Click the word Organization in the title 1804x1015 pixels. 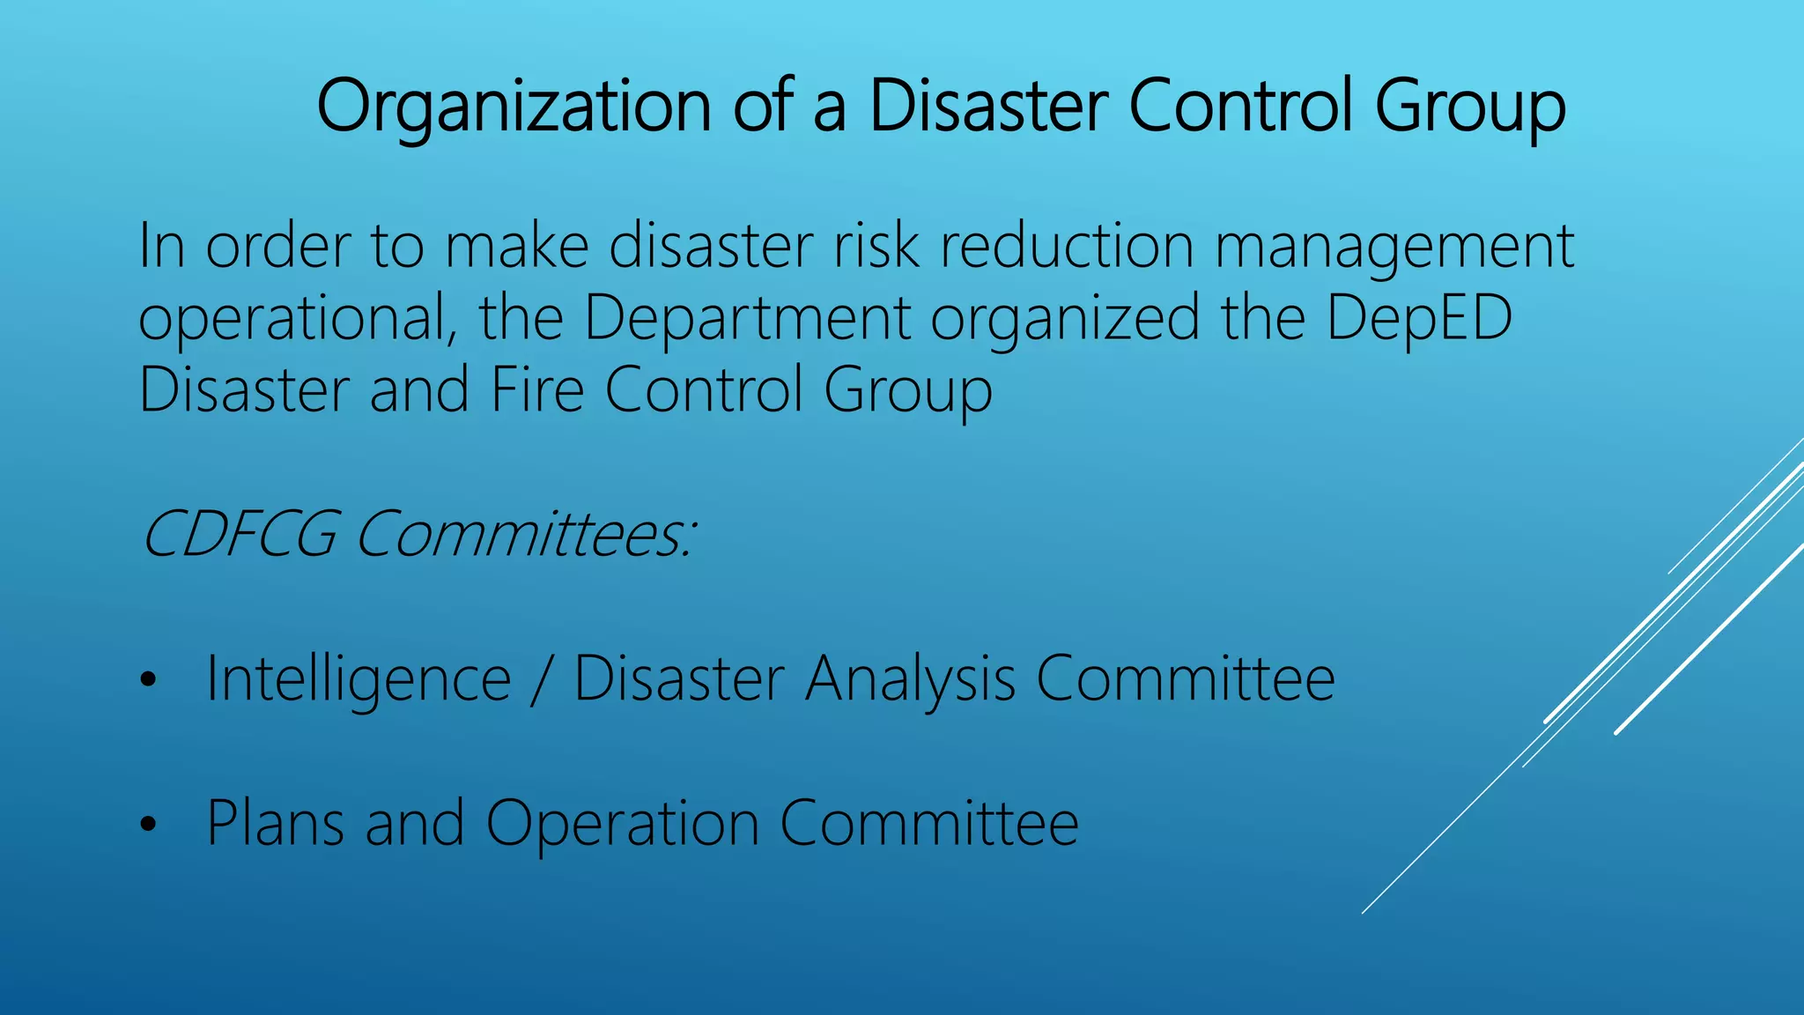pos(514,107)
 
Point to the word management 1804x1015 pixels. pos(1394,248)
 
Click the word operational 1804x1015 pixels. pos(298,319)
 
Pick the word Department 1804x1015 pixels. pos(747,319)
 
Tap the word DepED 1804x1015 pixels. pos(1419,319)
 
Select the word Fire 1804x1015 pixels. pos(537,389)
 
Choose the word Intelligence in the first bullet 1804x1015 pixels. pos(359,680)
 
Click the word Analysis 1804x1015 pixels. pos(910,680)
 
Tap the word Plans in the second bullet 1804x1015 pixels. pos(275,825)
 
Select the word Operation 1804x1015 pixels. pos(622,825)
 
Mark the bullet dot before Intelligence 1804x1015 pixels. pos(147,680)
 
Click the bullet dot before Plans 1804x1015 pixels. pos(147,825)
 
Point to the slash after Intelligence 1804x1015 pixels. pos(541,680)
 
